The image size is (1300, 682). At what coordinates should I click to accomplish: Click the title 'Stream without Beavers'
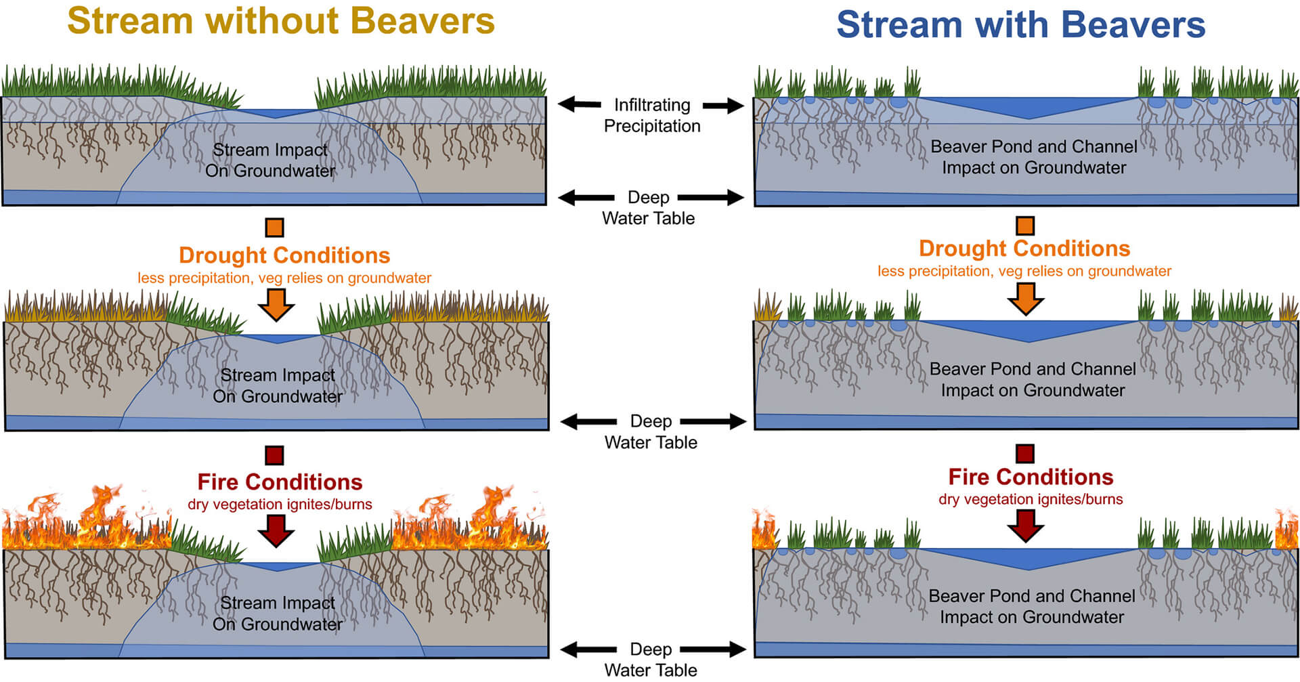tap(281, 21)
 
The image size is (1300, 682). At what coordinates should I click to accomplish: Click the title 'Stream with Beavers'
tap(1020, 25)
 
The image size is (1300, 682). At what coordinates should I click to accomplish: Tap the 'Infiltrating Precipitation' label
tap(652, 115)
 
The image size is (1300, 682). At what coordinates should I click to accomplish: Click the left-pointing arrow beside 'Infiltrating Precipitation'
tap(579, 104)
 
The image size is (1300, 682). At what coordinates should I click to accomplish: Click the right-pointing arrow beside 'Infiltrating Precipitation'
tap(723, 105)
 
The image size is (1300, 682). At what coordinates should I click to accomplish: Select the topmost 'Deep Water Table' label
tap(649, 207)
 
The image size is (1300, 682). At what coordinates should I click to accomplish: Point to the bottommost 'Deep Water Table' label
tap(651, 659)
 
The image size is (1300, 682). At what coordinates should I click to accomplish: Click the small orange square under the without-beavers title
tap(274, 227)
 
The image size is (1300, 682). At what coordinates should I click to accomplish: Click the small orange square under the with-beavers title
tap(1025, 226)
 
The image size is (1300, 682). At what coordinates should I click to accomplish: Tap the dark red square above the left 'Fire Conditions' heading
tap(274, 454)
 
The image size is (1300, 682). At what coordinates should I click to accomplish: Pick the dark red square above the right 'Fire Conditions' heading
tap(1025, 453)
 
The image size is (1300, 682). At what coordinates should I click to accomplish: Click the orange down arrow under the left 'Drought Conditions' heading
tap(276, 304)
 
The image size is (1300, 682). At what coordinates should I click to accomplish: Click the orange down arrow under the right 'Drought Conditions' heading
tap(1026, 298)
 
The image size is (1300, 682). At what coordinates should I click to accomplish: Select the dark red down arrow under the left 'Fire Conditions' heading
tap(276, 530)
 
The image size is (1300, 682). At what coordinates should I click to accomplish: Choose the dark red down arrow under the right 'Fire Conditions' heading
tap(1026, 526)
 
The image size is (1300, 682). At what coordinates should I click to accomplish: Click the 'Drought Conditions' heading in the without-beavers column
tap(284, 255)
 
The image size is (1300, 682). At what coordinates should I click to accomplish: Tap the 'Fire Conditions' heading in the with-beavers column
tap(1031, 477)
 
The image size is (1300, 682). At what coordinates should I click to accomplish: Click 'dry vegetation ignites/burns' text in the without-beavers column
tap(280, 504)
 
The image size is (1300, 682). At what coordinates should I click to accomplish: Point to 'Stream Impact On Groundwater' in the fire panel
tap(278, 613)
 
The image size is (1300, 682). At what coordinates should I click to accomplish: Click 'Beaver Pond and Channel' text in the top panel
tap(1033, 146)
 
